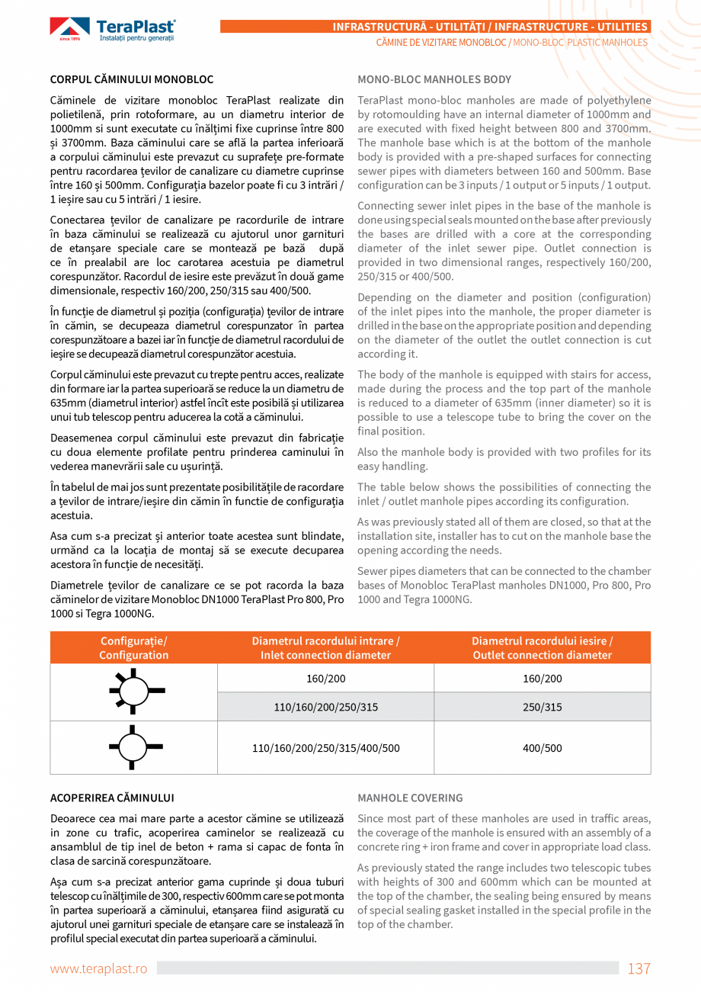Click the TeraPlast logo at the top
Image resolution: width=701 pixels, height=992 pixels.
click(113, 30)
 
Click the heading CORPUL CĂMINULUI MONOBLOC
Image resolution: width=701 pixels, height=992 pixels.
click(132, 79)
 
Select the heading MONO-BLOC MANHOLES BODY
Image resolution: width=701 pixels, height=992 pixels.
click(434, 79)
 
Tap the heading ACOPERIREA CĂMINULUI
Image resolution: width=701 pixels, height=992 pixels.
click(112, 798)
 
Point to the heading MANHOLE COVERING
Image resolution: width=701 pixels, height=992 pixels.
click(410, 798)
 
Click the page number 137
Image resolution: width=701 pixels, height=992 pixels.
click(639, 968)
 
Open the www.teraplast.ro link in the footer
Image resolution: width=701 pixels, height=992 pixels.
click(98, 968)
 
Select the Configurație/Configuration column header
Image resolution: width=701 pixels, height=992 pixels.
click(134, 648)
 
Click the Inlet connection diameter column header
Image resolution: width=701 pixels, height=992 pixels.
click(325, 648)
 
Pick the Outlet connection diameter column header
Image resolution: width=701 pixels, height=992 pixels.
click(542, 648)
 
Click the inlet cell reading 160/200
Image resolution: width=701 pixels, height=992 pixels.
click(325, 679)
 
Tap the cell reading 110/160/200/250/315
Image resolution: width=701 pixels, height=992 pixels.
click(325, 707)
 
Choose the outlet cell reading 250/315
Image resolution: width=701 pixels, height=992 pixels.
click(542, 707)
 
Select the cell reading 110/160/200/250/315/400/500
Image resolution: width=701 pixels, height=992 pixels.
click(325, 748)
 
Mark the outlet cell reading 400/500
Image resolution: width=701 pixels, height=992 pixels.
click(542, 748)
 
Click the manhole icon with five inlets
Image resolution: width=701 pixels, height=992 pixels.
click(133, 692)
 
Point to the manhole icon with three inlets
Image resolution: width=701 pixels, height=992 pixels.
click(133, 747)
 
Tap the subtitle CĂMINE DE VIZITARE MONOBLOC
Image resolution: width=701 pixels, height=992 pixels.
click(441, 43)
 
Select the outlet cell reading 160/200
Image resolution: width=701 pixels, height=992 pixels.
click(542, 679)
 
